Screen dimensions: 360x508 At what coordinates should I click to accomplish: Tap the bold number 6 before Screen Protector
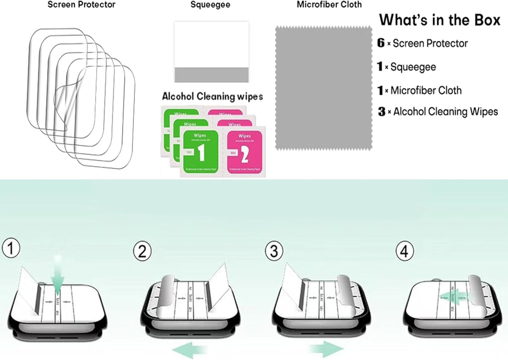tap(381, 43)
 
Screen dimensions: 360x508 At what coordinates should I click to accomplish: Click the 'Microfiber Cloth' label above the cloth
tap(329, 5)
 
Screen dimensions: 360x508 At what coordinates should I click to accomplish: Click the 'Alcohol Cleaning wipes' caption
tap(212, 96)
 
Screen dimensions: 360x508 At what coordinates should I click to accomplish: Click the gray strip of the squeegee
tap(211, 75)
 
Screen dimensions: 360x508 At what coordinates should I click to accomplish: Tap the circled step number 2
tap(142, 252)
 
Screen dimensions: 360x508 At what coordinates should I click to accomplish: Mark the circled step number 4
tap(404, 251)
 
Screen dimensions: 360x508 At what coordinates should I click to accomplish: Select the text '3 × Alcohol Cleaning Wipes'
tap(438, 112)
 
